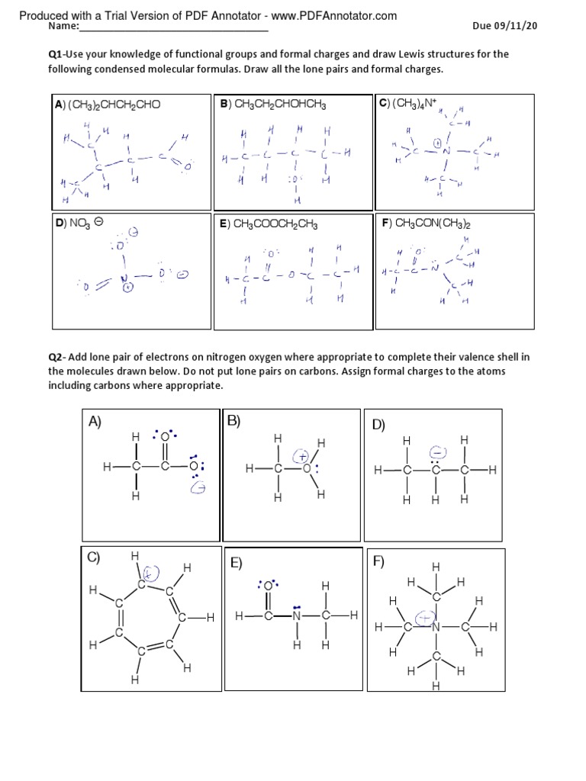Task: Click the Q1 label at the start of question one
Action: click(x=56, y=54)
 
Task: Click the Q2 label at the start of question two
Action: click(x=56, y=357)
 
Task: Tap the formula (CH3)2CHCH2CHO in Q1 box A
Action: click(x=114, y=104)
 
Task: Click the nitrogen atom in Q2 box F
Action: click(x=436, y=627)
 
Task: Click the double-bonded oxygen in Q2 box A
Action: click(x=165, y=436)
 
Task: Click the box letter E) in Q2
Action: click(x=237, y=564)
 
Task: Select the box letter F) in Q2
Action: click(x=379, y=562)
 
